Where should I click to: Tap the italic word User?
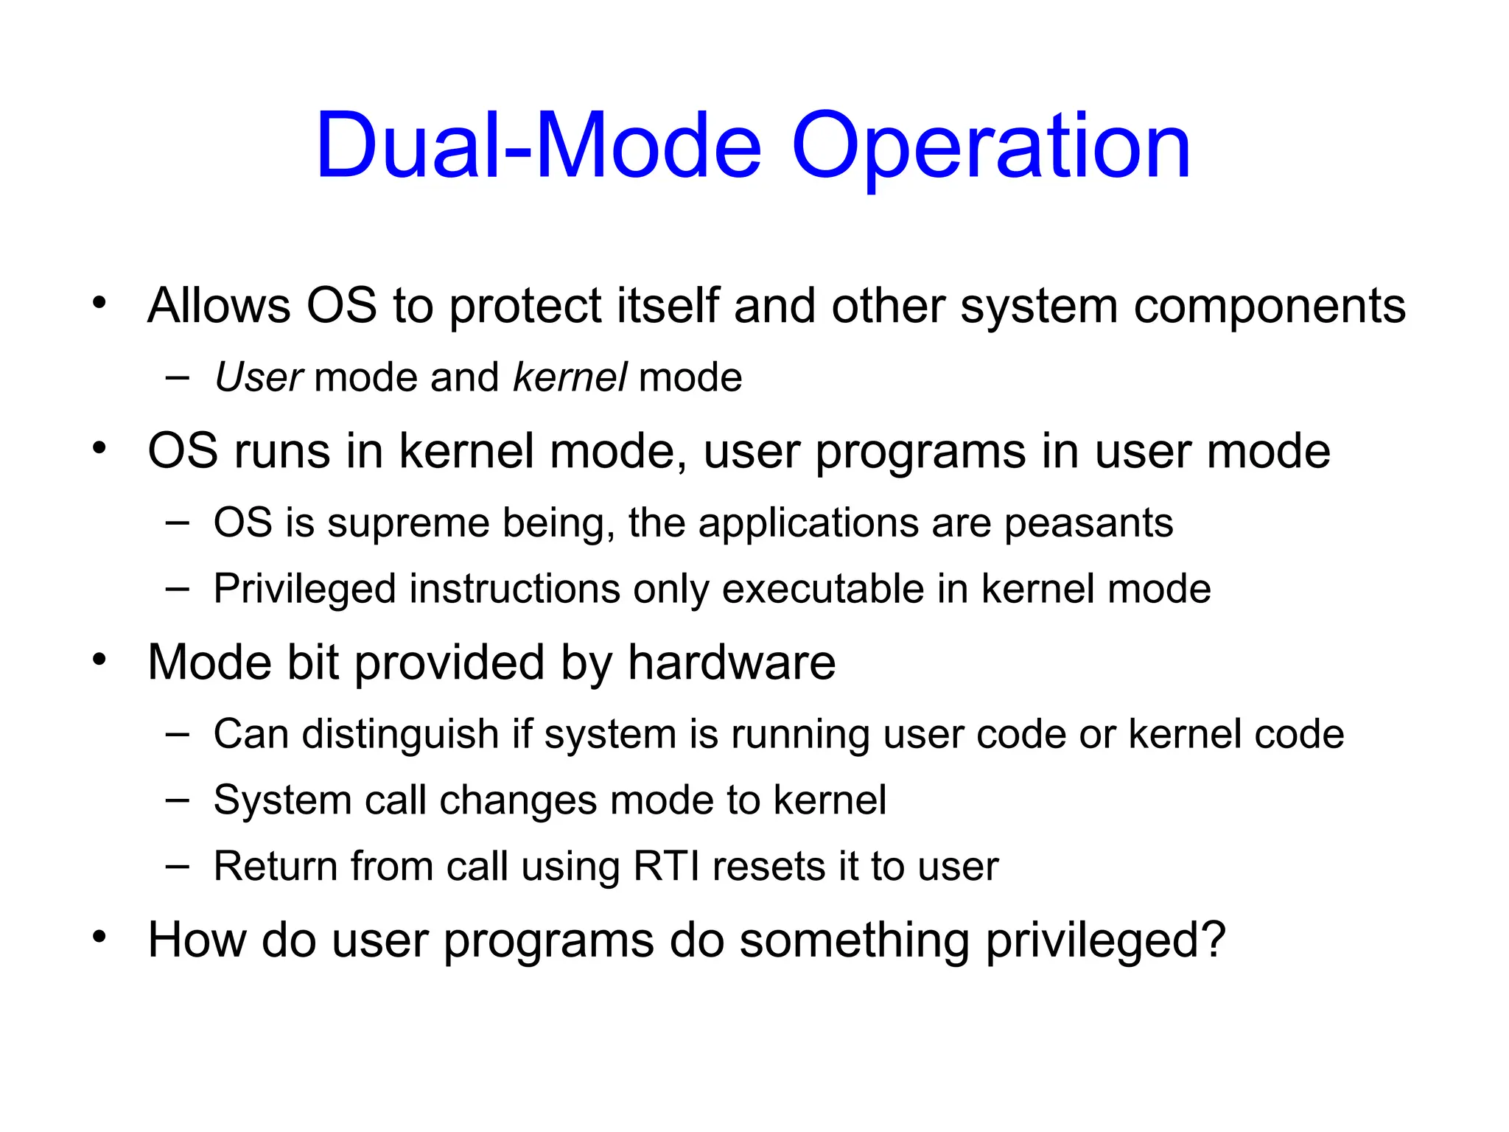[258, 377]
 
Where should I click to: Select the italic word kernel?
[570, 377]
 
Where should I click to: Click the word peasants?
[1088, 523]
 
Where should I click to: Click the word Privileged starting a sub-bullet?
[305, 590]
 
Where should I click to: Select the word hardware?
[731, 662]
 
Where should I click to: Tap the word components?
[1269, 307]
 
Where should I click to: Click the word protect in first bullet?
[525, 307]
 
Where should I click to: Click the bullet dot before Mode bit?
[99, 658]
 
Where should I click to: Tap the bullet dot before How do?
[99, 937]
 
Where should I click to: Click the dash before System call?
[177, 800]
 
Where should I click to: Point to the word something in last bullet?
[854, 941]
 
